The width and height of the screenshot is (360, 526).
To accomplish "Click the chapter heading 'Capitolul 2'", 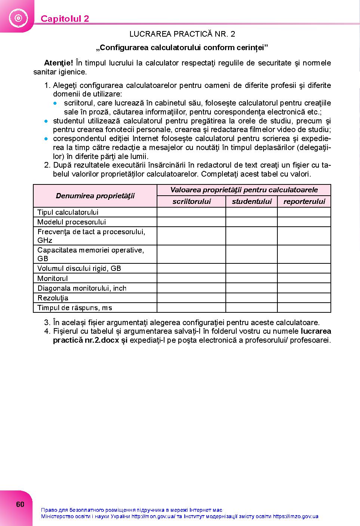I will pos(65,19).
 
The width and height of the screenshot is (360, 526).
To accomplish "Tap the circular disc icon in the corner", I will pos(18,18).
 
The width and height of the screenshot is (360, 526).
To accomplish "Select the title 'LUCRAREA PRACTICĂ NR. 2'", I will pos(182,34).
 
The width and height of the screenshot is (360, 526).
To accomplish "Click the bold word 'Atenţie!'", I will pos(58,63).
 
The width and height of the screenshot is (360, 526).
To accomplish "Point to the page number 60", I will pos(20,504).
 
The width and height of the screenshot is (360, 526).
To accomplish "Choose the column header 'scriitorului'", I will pos(191,202).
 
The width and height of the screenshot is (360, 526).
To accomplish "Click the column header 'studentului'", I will pos(252,202).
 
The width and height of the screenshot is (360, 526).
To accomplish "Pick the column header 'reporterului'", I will pos(304,202).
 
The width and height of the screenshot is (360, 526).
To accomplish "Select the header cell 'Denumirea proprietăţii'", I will pos(95,196).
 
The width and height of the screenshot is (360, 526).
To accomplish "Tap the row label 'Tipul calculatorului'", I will pos(68,212).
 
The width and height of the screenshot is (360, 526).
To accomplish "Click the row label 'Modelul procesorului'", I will pos(71,222).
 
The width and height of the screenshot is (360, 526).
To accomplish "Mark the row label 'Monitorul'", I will pos(53,278).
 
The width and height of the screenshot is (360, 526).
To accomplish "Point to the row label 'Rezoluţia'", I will pos(53,298).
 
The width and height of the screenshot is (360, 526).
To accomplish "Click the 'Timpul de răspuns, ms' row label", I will pos(75,308).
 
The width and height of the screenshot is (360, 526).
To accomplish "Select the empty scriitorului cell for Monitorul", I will pos(191,278).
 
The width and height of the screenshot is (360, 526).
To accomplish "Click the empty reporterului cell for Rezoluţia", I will pos(304,298).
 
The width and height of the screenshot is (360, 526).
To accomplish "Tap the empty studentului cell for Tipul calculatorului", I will pos(252,212).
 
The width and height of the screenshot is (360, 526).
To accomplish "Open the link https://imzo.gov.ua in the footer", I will pos(295,517).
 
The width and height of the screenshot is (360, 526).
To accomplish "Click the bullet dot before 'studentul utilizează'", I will pos(46,121).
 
